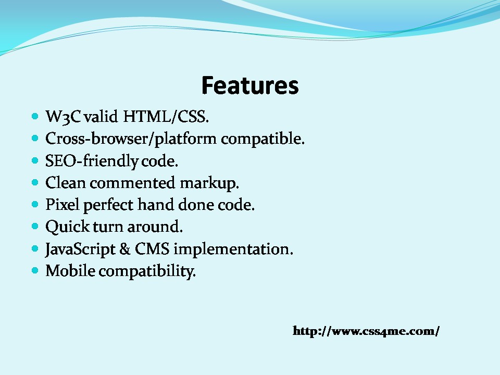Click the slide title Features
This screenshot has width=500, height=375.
[250, 85]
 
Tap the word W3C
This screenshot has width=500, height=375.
[63, 117]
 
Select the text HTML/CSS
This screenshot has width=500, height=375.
[166, 116]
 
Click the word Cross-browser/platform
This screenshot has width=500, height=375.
[131, 139]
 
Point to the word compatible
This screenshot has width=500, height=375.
[262, 139]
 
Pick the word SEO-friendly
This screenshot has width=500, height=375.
[92, 161]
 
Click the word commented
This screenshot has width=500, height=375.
[132, 183]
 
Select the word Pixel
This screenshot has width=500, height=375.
[62, 205]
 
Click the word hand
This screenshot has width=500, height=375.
[156, 205]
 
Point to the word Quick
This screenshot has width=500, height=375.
[68, 227]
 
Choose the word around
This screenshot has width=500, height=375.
[155, 227]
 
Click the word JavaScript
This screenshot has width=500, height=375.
[80, 249]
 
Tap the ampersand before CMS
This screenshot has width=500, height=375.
[125, 249]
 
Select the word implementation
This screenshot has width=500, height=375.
[233, 249]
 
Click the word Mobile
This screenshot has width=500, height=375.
[70, 271]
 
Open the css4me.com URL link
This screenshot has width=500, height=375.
[366, 331]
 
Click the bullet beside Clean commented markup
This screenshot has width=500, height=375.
[35, 182]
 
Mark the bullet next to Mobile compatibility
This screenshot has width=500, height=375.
[35, 271]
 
